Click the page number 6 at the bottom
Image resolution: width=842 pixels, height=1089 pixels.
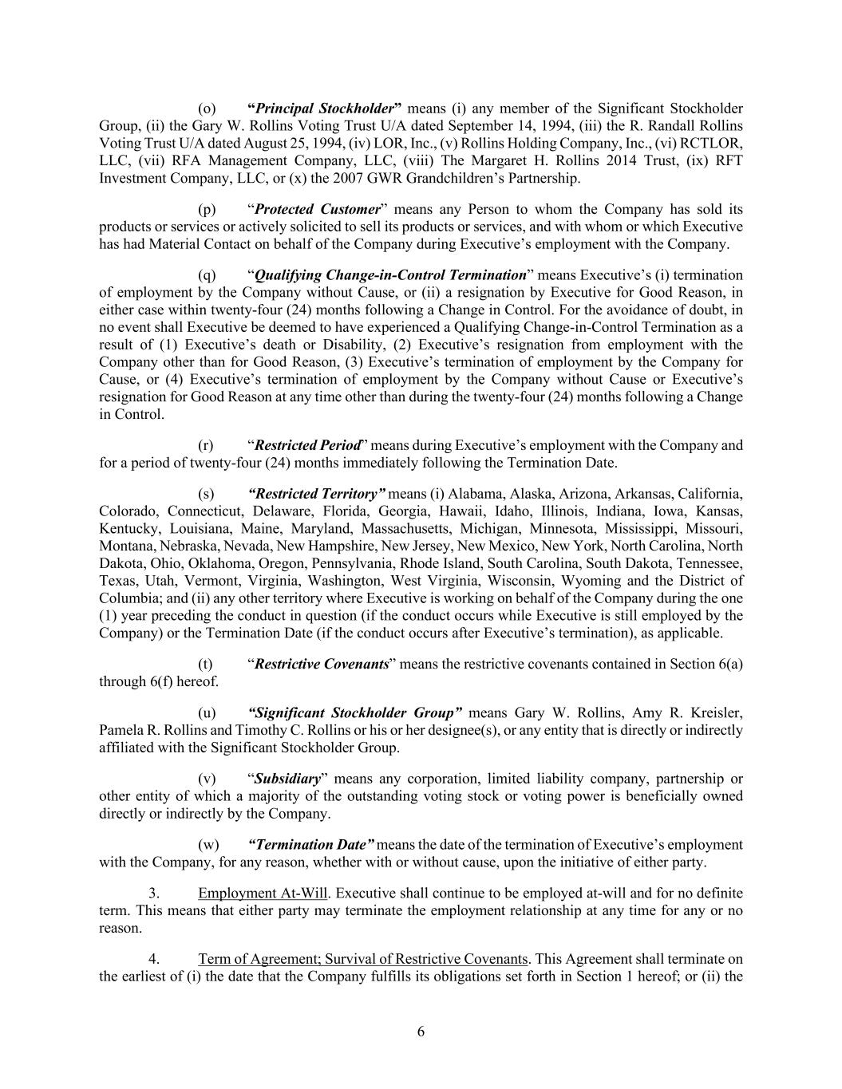[x=421, y=1032]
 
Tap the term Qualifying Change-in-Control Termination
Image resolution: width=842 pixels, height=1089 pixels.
[x=390, y=275]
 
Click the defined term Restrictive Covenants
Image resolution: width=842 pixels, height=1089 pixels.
[x=322, y=664]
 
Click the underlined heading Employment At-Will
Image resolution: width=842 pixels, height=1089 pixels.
[x=263, y=893]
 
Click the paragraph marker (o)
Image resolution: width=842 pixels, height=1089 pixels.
[x=207, y=109]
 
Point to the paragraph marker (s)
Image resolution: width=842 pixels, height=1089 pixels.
[x=206, y=494]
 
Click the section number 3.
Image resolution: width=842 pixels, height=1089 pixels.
[x=154, y=893]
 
